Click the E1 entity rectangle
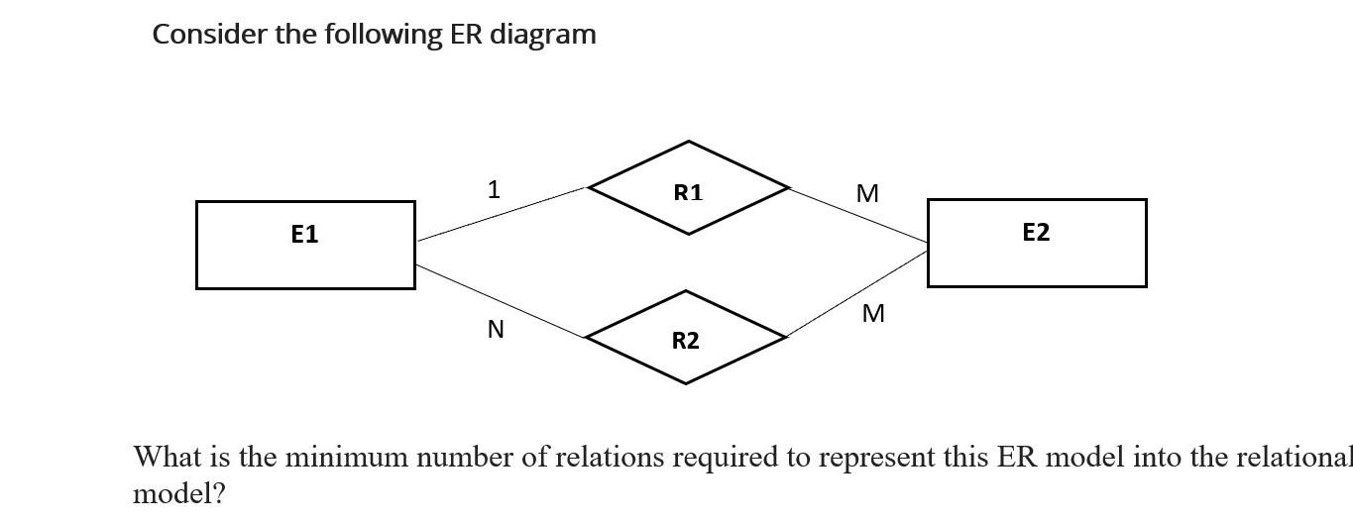click(305, 245)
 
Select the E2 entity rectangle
click(1036, 243)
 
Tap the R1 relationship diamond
click(688, 188)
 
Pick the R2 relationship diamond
click(685, 338)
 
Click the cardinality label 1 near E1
click(494, 189)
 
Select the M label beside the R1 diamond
click(867, 194)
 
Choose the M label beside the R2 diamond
click(873, 314)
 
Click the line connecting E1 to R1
click(502, 214)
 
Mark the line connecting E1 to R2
click(501, 301)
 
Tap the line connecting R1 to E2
click(858, 214)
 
